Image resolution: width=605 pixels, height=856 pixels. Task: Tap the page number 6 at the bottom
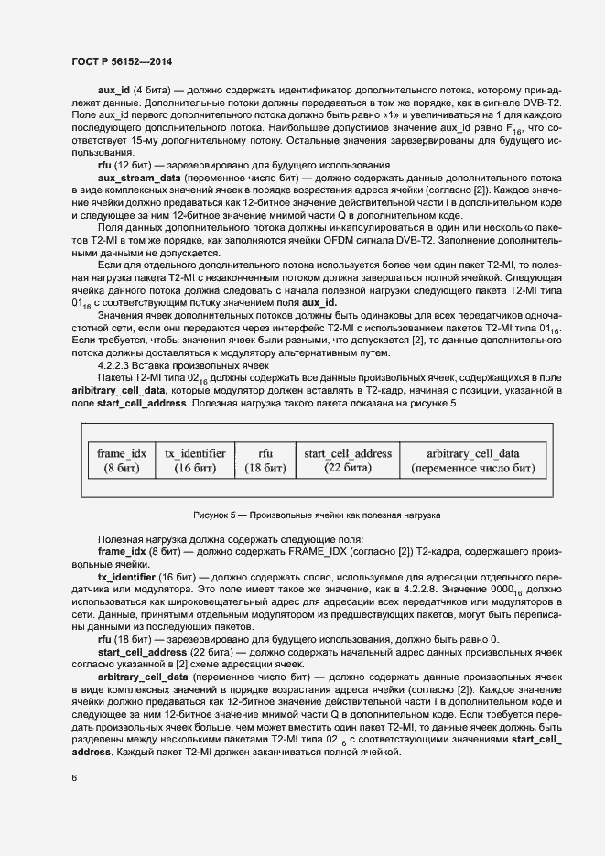pos(74,778)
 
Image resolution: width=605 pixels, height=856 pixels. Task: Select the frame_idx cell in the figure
pos(122,461)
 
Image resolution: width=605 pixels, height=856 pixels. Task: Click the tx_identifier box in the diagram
pos(195,461)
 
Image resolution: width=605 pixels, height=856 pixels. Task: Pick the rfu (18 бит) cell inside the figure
pos(265,461)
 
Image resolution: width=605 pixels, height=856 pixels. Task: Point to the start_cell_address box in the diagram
pos(347,461)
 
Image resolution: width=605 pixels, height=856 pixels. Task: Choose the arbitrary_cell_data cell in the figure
pos(473,461)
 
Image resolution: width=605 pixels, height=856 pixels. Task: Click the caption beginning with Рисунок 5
pos(317,515)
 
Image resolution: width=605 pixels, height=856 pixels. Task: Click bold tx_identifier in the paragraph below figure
pos(127,579)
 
